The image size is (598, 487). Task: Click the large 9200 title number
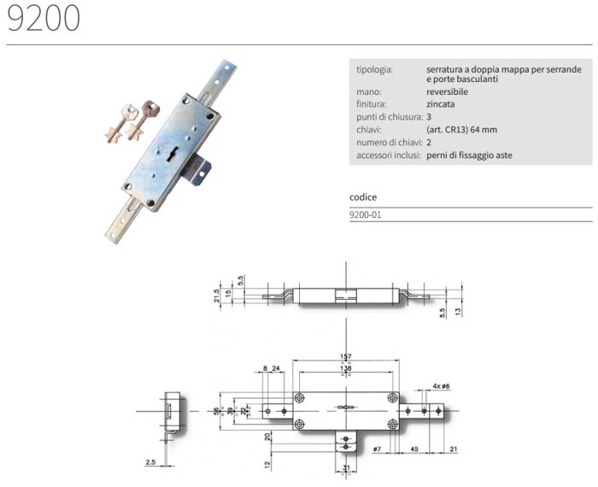coord(44,18)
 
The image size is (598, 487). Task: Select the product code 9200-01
coord(366,214)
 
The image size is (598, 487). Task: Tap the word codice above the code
coord(363,197)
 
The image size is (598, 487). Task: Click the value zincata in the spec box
coord(441,104)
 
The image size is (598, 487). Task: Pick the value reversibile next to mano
coord(447,91)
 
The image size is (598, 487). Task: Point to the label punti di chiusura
coord(390,117)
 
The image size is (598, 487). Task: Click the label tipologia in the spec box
coord(374,70)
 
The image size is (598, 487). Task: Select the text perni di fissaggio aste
coord(469,155)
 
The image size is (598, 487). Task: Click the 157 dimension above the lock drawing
coord(345,356)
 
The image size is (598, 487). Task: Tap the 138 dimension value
coord(345,368)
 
